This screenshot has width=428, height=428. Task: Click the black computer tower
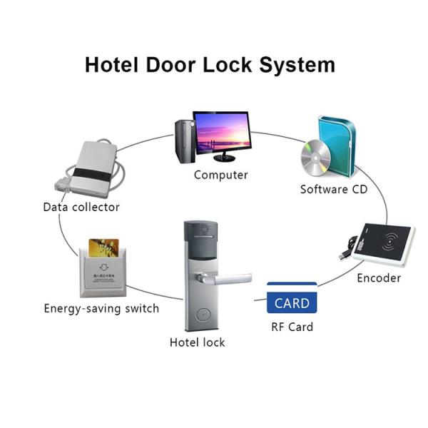(183, 140)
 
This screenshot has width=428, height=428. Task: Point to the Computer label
(221, 175)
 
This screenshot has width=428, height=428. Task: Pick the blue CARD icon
(292, 302)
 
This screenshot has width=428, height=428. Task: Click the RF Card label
(292, 327)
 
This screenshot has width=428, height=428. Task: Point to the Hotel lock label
(197, 342)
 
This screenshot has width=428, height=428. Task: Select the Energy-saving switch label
(101, 309)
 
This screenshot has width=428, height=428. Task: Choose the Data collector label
(81, 207)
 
